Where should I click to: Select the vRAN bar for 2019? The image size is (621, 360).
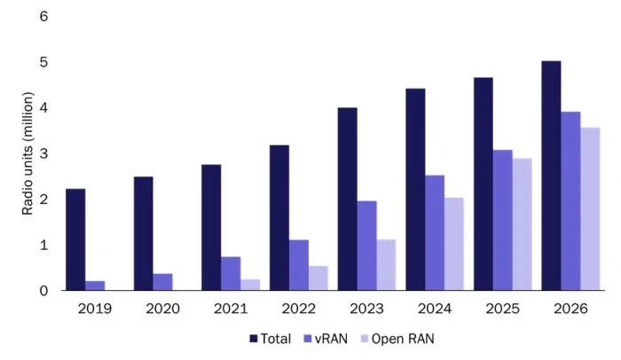click(95, 286)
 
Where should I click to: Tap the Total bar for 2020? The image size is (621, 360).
click(144, 233)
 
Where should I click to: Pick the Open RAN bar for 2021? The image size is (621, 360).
click(250, 285)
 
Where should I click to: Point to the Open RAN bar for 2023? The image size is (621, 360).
click(386, 265)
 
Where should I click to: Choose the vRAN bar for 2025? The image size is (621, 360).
click(502, 220)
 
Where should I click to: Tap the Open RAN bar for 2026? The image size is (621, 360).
click(590, 209)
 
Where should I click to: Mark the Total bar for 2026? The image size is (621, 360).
click(551, 176)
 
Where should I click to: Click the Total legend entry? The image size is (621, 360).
click(270, 338)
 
